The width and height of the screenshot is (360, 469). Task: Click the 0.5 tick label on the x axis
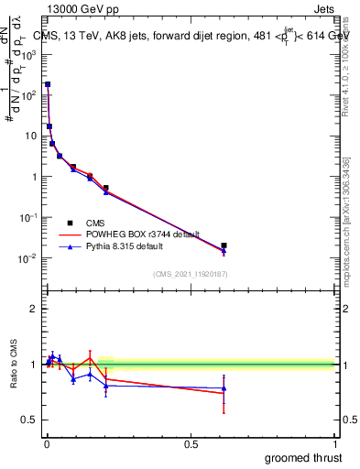[x=191, y=444]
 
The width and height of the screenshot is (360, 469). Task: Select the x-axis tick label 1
[x=335, y=444]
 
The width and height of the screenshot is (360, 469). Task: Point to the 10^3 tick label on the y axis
[x=30, y=54]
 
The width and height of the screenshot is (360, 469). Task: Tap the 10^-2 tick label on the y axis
[x=30, y=258]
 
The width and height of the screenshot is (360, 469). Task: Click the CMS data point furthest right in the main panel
[x=224, y=245]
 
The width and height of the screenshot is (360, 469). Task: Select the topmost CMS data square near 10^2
[x=48, y=84]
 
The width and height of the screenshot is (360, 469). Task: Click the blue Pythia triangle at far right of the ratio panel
[x=224, y=388]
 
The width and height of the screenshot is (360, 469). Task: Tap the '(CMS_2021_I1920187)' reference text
[x=190, y=275]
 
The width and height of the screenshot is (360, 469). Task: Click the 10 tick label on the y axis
[x=33, y=136]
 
